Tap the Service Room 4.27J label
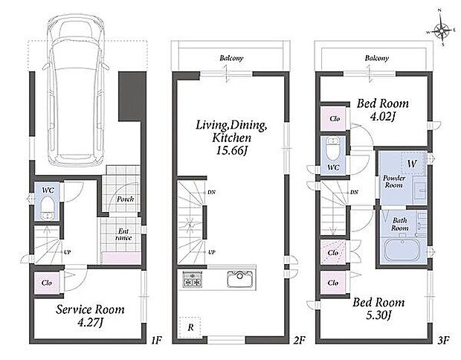[90, 316]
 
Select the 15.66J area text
[232, 151]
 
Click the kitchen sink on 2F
[239, 279]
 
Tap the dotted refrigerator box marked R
[190, 327]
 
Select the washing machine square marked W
[412, 163]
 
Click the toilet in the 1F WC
[47, 208]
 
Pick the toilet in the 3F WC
[333, 150]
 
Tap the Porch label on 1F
[125, 199]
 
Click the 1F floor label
[156, 341]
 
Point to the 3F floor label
[443, 341]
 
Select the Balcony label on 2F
[232, 58]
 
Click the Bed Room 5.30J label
[378, 309]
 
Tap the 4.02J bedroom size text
[382, 117]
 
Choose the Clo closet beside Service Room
[47, 283]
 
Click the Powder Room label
[394, 181]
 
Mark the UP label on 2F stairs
[212, 252]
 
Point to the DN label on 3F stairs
[354, 192]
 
